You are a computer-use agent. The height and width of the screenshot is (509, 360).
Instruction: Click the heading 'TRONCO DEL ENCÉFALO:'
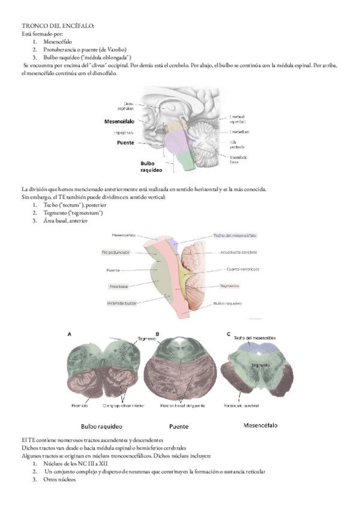(x=58, y=27)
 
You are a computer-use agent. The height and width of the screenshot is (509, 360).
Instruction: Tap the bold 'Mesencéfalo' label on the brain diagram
(x=123, y=121)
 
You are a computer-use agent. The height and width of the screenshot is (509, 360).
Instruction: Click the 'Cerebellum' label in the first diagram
(x=239, y=131)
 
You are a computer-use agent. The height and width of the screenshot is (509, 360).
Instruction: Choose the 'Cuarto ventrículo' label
(x=244, y=269)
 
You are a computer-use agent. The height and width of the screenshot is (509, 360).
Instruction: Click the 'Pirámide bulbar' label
(x=122, y=304)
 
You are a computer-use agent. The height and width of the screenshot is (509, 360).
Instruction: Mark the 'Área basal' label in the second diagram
(x=118, y=287)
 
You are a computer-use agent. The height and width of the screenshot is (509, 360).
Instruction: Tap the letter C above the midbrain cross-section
(x=229, y=334)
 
